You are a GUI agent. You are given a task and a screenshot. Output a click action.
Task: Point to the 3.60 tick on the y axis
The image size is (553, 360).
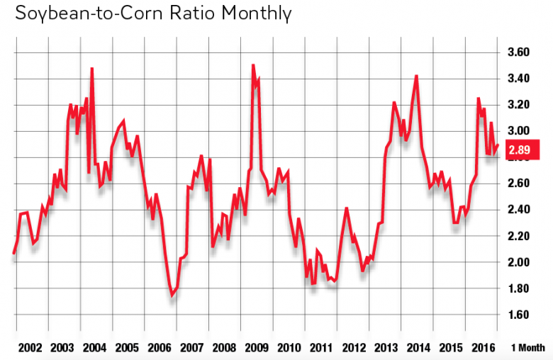520,52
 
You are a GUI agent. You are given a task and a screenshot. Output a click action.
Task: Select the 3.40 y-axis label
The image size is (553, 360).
520,79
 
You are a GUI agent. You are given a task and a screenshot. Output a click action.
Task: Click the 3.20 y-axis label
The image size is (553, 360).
520,105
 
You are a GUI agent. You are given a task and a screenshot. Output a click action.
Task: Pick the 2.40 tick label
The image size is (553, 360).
520,210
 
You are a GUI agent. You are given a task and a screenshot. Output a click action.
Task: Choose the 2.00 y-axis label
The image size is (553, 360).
520,262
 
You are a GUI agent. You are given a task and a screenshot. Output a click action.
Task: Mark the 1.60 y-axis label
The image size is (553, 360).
520,315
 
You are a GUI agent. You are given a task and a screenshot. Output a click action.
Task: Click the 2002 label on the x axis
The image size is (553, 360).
30,348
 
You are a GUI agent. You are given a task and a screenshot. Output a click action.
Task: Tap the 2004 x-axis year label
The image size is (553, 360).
94,348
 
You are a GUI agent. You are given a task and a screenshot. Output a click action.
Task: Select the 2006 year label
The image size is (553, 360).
160,348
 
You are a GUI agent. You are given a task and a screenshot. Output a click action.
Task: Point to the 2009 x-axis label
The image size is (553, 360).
256,348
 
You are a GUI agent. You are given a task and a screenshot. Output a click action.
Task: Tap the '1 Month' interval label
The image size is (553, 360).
527,348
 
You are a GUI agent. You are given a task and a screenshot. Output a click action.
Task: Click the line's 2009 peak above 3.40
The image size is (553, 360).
253,65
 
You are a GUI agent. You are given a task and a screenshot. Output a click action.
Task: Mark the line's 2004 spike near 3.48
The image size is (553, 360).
92,69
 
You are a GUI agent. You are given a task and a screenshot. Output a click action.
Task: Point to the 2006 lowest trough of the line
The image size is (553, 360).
172,296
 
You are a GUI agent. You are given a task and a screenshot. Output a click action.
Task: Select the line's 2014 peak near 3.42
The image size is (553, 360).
416,76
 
